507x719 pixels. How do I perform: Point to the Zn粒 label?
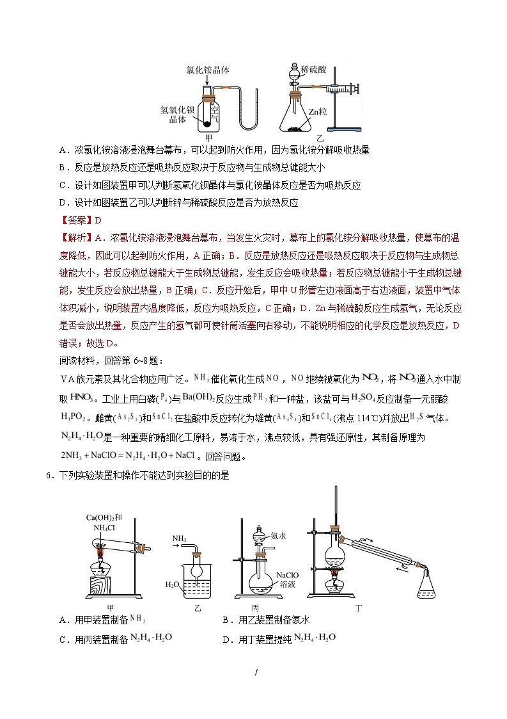tap(317, 111)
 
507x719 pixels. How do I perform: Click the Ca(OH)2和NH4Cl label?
tap(104, 522)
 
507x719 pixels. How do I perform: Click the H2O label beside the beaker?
tap(175, 584)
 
